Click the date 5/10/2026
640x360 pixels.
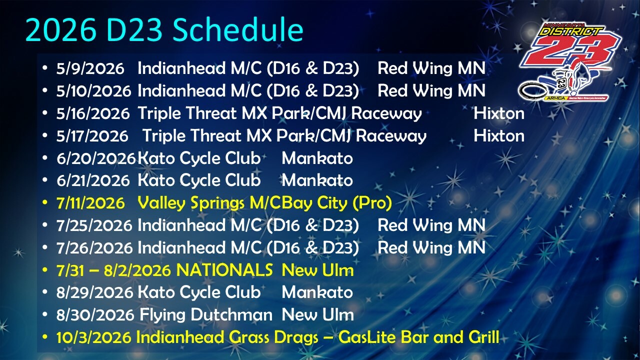click(94, 91)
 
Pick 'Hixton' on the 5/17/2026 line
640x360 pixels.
click(499, 136)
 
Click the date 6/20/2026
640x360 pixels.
click(96, 158)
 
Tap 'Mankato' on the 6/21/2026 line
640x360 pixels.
click(317, 180)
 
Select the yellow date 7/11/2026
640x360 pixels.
click(90, 203)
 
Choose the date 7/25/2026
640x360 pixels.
click(94, 225)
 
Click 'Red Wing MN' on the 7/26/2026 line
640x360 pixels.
click(431, 247)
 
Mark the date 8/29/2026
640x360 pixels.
click(94, 292)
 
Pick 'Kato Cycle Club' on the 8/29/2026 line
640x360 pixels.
click(199, 292)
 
